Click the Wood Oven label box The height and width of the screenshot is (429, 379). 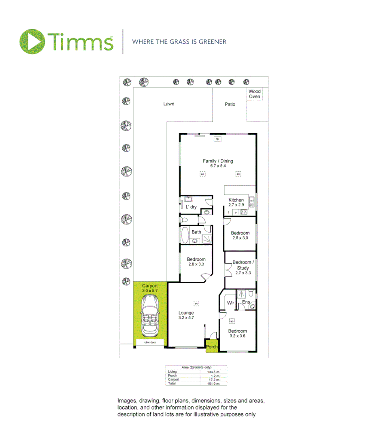255,94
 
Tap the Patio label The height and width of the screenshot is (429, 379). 230,104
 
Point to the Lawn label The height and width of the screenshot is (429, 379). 169,104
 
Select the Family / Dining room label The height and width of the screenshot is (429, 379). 218,161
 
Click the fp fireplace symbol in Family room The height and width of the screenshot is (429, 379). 217,139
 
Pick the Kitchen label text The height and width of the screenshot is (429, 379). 236,200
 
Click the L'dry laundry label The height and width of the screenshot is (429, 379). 191,207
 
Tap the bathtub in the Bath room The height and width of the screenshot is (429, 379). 185,234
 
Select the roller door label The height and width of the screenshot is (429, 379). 149,342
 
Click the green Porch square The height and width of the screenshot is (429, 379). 212,346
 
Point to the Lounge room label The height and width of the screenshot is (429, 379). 186,313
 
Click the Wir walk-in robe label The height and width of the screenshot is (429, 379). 230,303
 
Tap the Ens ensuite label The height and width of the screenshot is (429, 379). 246,302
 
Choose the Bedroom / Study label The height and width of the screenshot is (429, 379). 243,265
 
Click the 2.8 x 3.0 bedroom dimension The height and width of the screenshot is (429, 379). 240,238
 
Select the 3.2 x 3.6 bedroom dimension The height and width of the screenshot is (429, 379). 237,336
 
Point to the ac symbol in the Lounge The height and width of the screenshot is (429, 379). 196,303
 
